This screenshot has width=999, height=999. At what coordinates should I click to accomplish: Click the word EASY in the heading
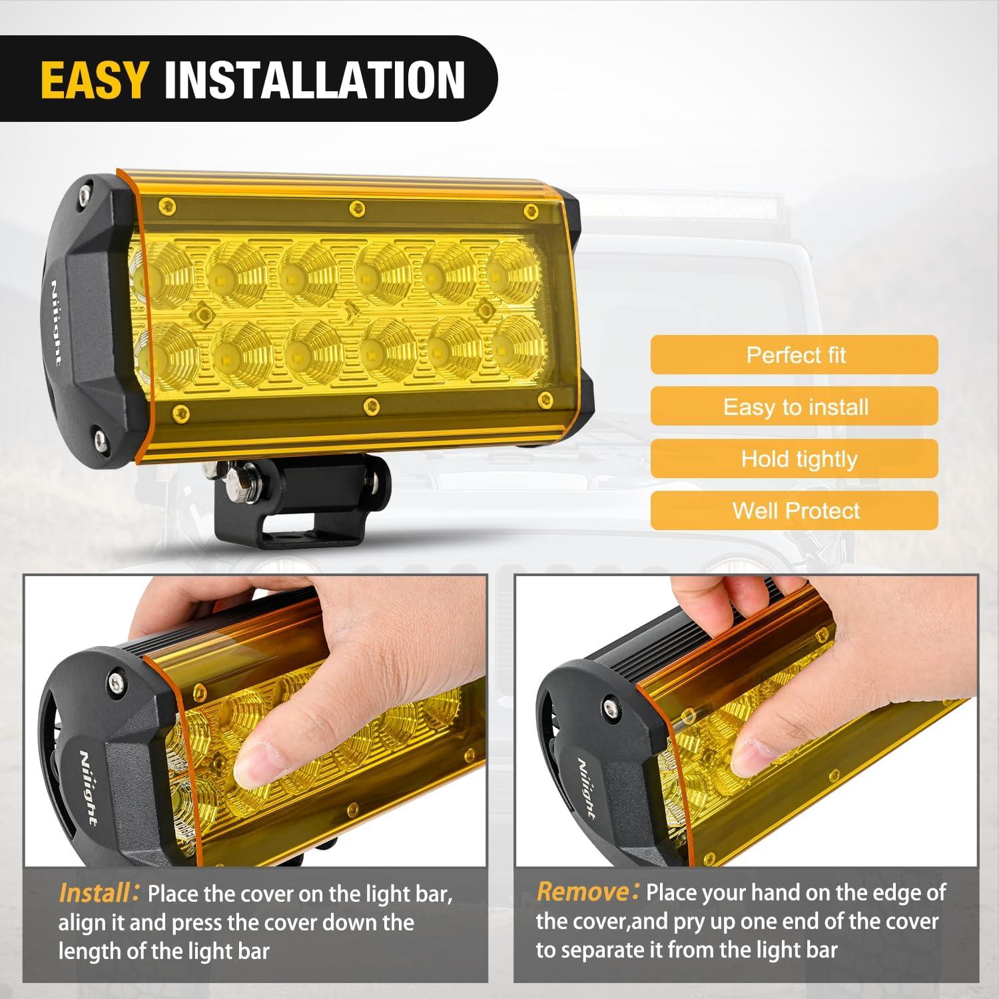pos(93,79)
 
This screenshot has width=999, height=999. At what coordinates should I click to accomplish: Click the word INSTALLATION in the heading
pos(314,79)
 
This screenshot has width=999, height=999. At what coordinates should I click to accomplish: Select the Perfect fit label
pos(795,355)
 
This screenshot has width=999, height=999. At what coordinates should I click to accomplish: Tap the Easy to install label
pos(795,407)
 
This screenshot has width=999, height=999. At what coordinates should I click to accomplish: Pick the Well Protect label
pos(795,511)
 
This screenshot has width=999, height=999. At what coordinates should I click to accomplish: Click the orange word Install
pos(94,892)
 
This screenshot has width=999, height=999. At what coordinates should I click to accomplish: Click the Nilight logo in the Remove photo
pos(585,789)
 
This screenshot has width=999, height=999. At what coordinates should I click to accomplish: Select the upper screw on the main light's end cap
pos(85,194)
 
